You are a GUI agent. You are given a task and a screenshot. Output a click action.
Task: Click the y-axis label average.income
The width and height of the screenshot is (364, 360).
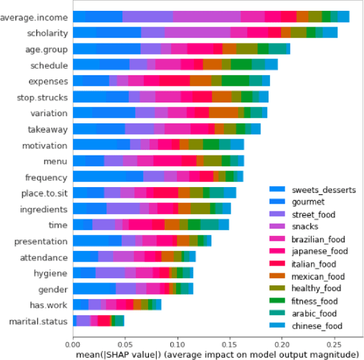pyautogui.click(x=35, y=17)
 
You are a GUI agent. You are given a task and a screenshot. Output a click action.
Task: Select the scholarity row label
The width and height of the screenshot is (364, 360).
pyautogui.click(x=48, y=34)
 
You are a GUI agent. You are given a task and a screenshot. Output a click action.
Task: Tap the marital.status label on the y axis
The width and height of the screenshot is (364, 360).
pyautogui.click(x=39, y=322)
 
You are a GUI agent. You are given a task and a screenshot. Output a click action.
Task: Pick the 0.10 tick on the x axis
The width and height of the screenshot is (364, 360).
pyautogui.click(x=177, y=344)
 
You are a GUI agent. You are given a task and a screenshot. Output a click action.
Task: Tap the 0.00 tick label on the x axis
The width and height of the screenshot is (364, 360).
pyautogui.click(x=73, y=344)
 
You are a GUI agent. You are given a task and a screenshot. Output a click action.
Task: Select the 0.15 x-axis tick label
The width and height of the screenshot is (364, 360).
pyautogui.click(x=229, y=344)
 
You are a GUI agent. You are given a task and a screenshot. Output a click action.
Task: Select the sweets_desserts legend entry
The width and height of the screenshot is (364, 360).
pyautogui.click(x=322, y=189)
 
